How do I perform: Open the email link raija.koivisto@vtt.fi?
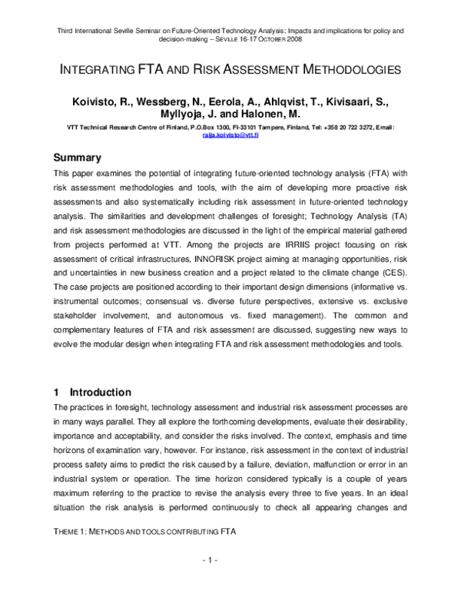230,134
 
